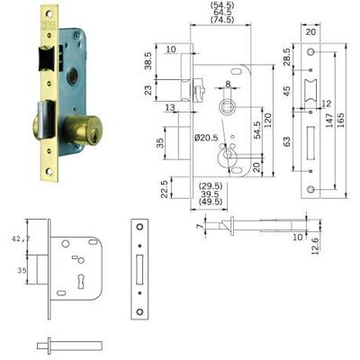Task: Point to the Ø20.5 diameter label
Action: (x=206, y=138)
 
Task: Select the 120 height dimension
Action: (x=267, y=120)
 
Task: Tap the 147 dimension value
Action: (x=329, y=120)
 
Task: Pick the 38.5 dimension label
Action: (x=148, y=61)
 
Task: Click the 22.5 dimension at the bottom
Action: (x=164, y=189)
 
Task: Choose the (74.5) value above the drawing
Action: (x=222, y=20)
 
